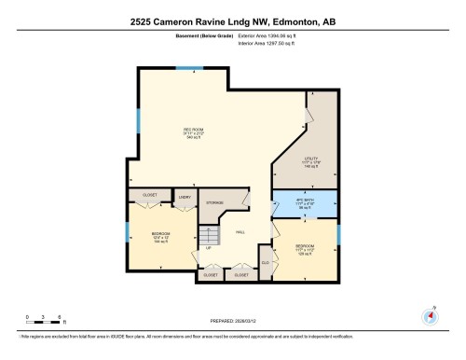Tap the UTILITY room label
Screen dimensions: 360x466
tap(311, 160)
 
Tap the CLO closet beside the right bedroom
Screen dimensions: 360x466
tap(266, 264)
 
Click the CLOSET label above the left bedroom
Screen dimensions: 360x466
tap(150, 195)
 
